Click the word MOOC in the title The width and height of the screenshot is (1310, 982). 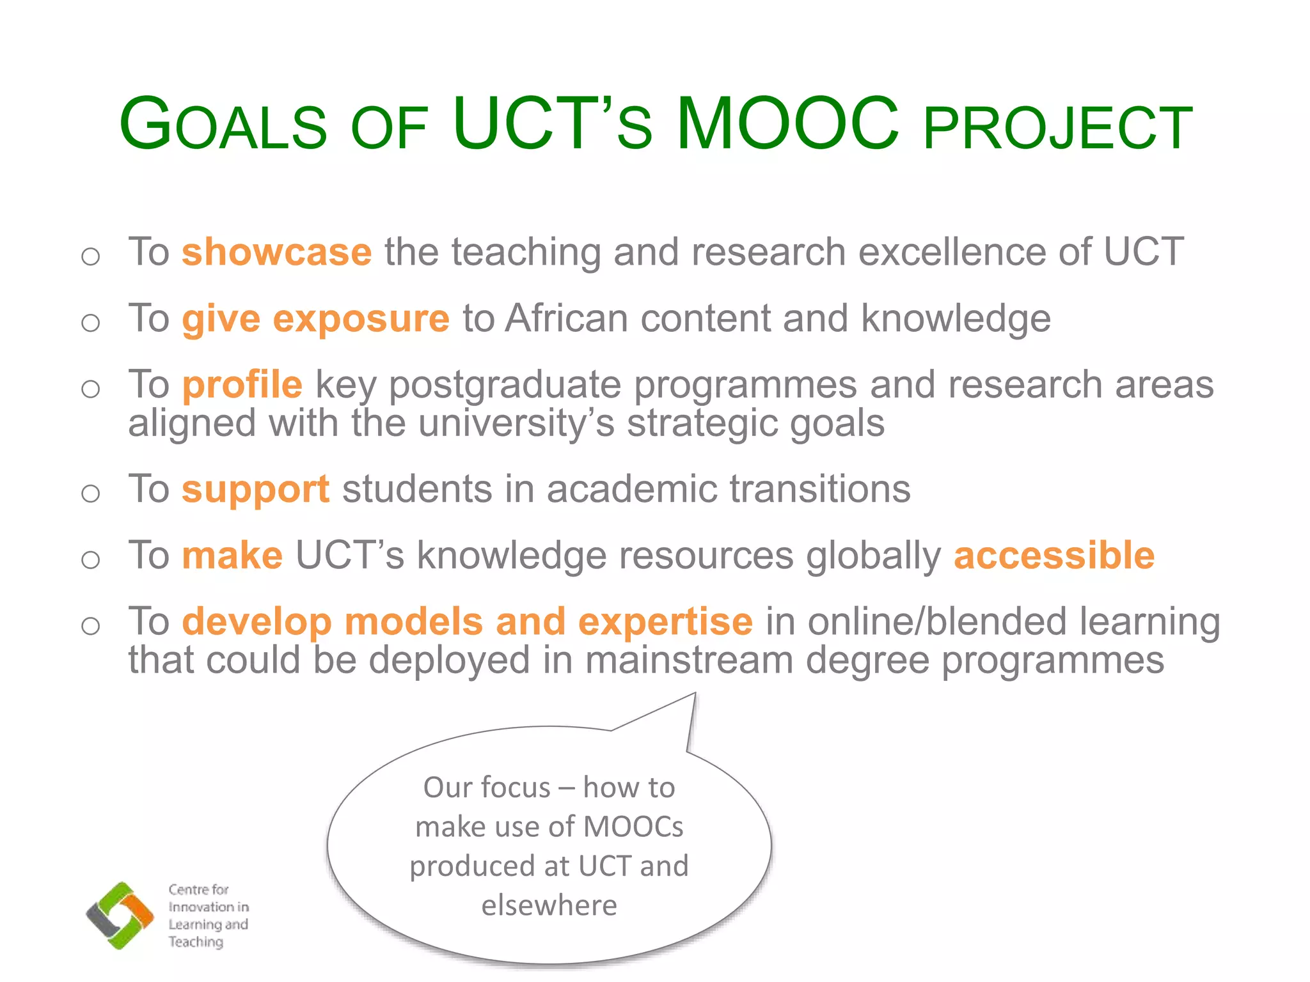(788, 125)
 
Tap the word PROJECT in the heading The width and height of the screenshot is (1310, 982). (1058, 129)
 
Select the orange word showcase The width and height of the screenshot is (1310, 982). (276, 252)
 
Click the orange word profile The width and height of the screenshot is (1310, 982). (242, 386)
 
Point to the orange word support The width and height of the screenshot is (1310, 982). (256, 491)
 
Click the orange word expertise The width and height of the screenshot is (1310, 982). (665, 621)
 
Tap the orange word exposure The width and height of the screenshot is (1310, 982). (361, 319)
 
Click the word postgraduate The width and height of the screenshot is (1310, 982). (505, 386)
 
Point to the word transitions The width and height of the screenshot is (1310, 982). (820, 490)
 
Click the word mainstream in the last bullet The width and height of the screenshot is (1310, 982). (689, 660)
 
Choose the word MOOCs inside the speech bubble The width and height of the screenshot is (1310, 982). (633, 827)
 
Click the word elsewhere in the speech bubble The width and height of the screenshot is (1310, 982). (549, 905)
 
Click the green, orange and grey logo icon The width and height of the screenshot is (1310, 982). (120, 916)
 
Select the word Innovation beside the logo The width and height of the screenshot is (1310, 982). (199, 907)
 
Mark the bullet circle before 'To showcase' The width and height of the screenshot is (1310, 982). (91, 256)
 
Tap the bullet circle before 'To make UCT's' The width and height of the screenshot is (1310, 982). (91, 559)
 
